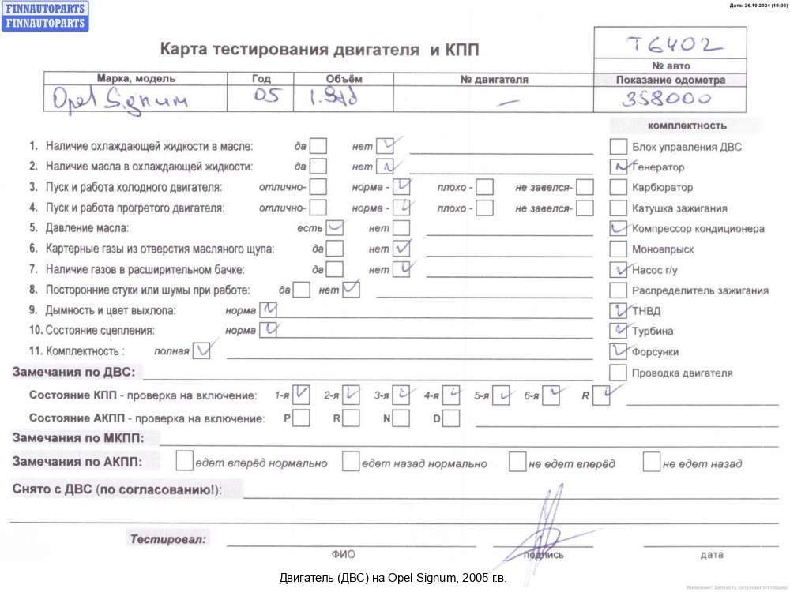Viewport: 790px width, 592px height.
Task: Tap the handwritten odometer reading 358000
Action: point(665,99)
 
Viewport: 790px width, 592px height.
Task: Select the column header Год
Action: point(261,79)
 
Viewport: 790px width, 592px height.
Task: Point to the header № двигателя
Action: point(494,80)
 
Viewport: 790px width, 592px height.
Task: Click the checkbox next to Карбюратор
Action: point(619,188)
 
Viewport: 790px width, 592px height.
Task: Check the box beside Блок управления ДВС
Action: point(619,146)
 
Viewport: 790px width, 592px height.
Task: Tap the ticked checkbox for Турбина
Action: point(619,331)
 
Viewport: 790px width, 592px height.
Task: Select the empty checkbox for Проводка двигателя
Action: point(619,373)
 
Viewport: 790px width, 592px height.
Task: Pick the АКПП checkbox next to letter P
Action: point(301,418)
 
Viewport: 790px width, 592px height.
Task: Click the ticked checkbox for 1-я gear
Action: point(301,395)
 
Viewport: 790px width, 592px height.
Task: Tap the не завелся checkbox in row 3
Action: point(585,187)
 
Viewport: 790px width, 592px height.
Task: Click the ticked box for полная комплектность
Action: point(203,350)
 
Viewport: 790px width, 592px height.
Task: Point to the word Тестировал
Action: point(168,540)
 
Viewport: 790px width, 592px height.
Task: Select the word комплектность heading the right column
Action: point(687,126)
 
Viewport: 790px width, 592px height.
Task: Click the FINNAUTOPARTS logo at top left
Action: point(45,16)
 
